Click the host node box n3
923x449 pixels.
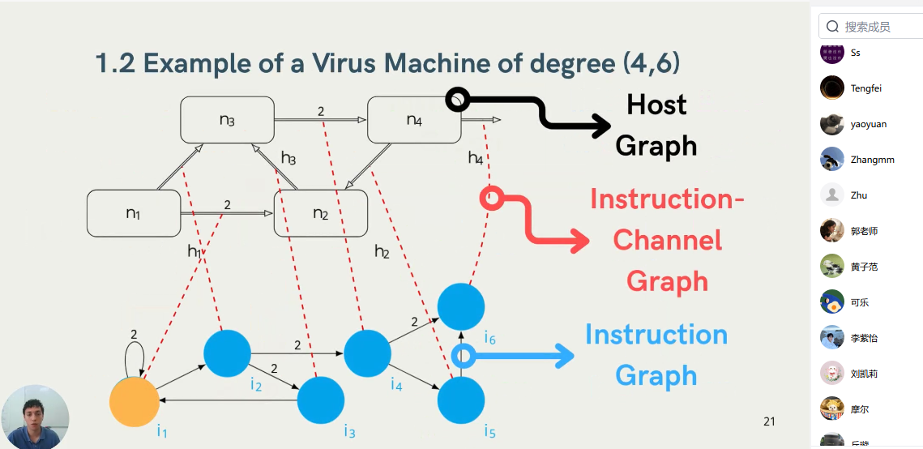point(227,120)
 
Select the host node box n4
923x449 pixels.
point(414,120)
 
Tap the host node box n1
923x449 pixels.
point(134,213)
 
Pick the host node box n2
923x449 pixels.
point(321,213)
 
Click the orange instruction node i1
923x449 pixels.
point(134,402)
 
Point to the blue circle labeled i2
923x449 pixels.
point(227,353)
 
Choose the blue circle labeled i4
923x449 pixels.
point(367,353)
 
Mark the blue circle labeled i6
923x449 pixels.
point(461,307)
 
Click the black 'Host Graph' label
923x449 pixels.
point(656,125)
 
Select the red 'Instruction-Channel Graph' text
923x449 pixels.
point(666,240)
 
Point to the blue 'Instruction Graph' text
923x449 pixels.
point(656,355)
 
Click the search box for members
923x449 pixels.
point(870,27)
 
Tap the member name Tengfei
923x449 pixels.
point(866,88)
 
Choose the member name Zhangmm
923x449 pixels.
point(872,160)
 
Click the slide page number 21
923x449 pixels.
point(769,421)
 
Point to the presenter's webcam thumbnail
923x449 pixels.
point(35,417)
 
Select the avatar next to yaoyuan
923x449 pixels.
point(832,124)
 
